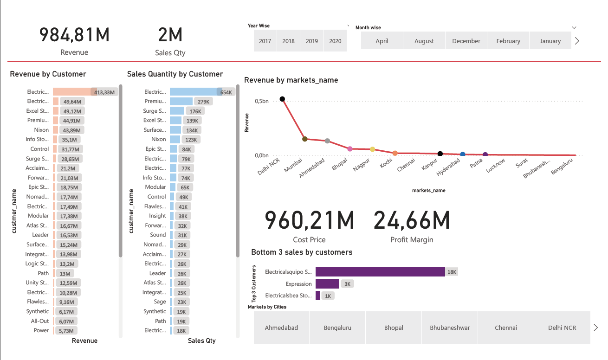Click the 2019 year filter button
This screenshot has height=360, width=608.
tap(312, 41)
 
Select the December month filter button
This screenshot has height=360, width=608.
tap(466, 41)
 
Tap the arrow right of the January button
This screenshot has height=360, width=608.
tap(577, 41)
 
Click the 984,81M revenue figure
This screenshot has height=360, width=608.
tap(74, 35)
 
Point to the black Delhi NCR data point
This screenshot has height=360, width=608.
tap(282, 99)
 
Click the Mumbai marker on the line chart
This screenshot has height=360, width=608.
tap(304, 139)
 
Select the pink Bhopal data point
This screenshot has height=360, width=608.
tap(350, 149)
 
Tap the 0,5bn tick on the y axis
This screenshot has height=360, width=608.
tap(262, 101)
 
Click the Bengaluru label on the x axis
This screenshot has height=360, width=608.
tap(562, 166)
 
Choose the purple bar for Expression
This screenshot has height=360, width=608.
tap(327, 284)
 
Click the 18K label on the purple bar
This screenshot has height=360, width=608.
tap(452, 272)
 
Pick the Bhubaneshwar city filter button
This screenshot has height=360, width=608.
tap(450, 328)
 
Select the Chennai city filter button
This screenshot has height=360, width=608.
tap(506, 328)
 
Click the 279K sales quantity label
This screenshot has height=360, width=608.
tap(203, 102)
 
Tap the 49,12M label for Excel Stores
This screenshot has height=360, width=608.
tap(72, 111)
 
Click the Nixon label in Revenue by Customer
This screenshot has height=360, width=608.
tap(41, 130)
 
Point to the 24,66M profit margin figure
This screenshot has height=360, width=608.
tap(412, 220)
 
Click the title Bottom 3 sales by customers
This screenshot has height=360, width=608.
tap(302, 252)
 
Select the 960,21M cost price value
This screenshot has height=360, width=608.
tap(309, 220)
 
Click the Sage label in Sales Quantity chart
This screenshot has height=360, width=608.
tap(160, 302)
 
